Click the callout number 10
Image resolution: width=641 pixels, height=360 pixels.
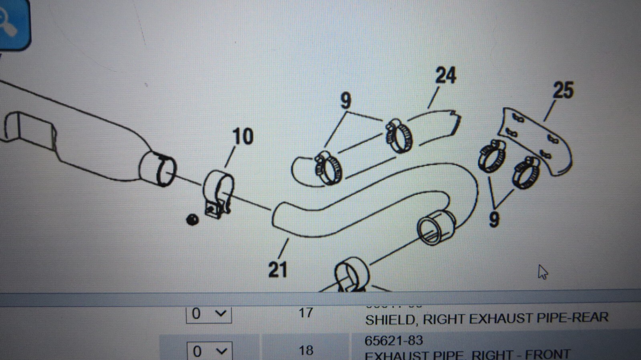tap(243, 137)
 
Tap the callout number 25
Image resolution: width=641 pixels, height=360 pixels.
tap(563, 90)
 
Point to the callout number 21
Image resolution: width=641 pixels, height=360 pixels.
tap(278, 269)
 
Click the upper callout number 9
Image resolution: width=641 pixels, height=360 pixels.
tap(345, 101)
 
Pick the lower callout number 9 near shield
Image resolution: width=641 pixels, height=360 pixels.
tap(494, 219)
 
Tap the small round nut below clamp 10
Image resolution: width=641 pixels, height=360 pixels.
tap(193, 219)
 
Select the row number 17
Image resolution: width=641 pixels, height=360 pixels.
tap(306, 312)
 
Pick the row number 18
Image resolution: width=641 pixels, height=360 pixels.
tap(306, 350)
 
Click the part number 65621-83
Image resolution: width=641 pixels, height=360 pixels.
tap(393, 340)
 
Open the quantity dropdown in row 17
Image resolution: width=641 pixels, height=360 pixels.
tap(209, 313)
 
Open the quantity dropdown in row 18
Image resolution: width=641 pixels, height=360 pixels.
tap(210, 351)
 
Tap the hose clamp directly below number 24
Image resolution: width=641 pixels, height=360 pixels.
tap(399, 136)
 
